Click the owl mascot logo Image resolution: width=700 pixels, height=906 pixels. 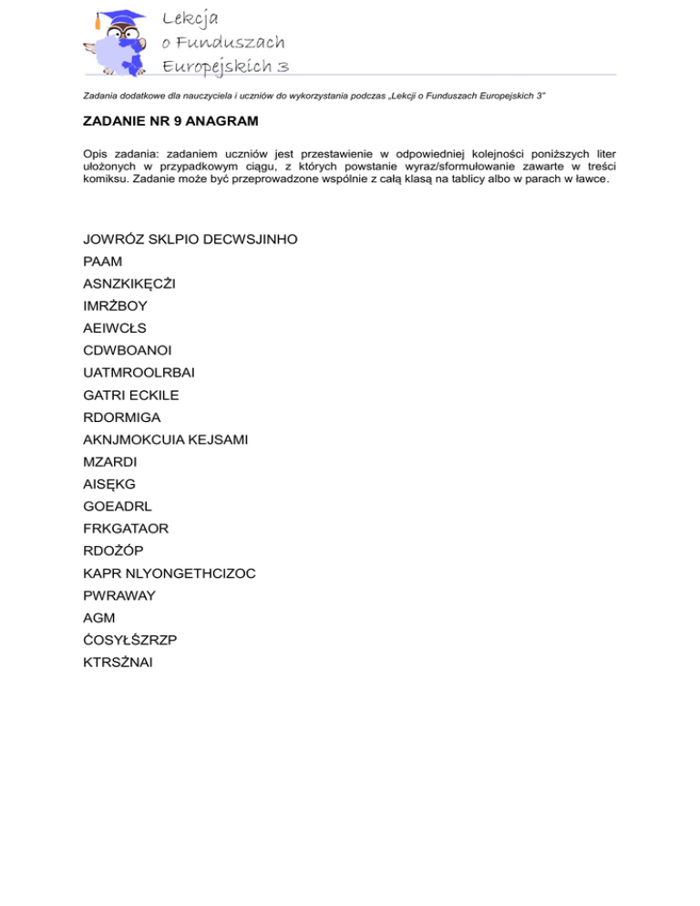click(x=115, y=42)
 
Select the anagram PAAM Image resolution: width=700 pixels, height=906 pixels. click(x=102, y=262)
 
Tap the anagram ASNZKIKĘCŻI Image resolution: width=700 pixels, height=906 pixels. click(x=129, y=283)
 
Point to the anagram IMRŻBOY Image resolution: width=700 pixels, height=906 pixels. click(x=115, y=306)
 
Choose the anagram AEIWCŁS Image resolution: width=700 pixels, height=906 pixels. click(x=114, y=328)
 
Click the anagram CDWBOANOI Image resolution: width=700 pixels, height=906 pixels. click(x=127, y=350)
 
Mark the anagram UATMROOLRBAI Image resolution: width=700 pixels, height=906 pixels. click(x=138, y=373)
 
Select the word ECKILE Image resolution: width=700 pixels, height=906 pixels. click(x=153, y=395)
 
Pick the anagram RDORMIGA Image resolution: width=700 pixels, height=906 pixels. click(x=121, y=417)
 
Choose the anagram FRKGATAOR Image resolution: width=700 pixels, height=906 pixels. click(x=126, y=529)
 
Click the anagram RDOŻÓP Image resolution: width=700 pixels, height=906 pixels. click(x=113, y=551)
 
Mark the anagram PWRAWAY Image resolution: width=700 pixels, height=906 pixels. click(x=118, y=595)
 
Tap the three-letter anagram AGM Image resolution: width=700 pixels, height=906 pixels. click(x=98, y=618)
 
